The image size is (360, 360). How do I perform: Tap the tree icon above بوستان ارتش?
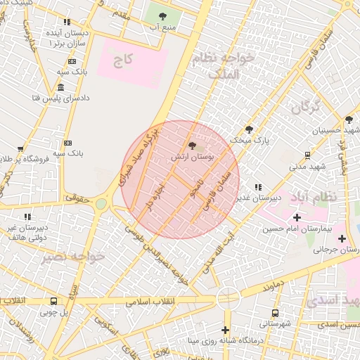tap(193, 146)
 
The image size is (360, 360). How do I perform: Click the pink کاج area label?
tap(124, 61)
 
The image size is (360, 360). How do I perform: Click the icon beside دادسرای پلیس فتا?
tap(61, 87)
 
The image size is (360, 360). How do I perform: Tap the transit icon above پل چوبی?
tap(53, 301)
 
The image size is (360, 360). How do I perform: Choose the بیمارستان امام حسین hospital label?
tap(296, 229)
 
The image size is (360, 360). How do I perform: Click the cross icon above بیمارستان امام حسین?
tap(297, 217)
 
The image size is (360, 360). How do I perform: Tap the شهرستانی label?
tap(274, 324)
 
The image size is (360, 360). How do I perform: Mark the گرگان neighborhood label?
tap(305, 108)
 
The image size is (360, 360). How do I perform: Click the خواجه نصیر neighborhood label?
tap(72, 257)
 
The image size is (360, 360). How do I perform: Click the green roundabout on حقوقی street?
tap(101, 204)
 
